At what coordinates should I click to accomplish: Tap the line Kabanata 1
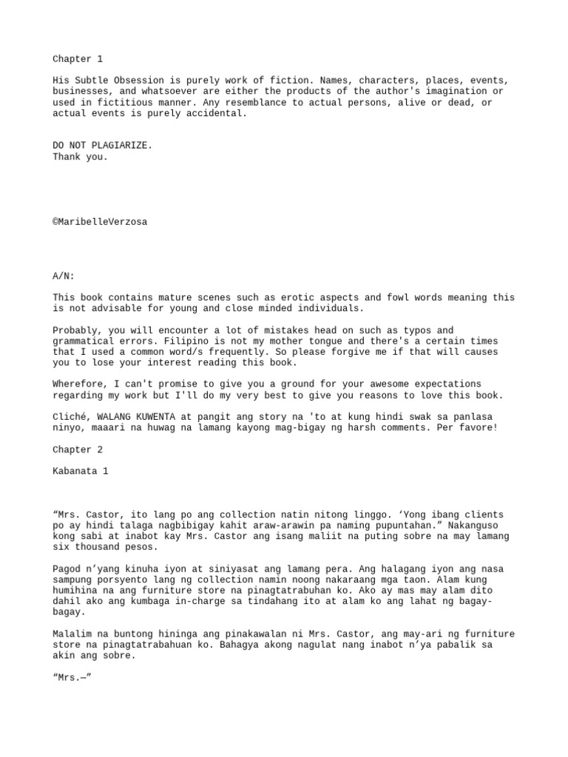pyautogui.click(x=80, y=471)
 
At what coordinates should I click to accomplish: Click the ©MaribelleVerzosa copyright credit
pyautogui.click(x=100, y=222)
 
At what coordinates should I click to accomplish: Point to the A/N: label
pyautogui.click(x=64, y=276)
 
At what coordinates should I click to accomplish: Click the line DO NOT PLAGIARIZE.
pyautogui.click(x=103, y=146)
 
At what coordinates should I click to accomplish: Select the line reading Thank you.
pyautogui.click(x=80, y=157)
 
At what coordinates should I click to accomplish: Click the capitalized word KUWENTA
pyautogui.click(x=155, y=417)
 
